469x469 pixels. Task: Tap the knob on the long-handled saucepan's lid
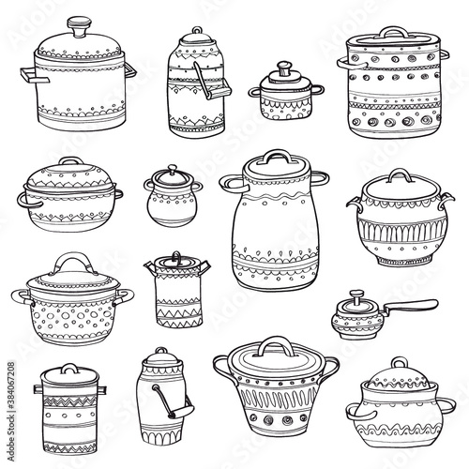click(356, 295)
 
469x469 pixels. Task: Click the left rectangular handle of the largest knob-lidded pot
click(34, 76)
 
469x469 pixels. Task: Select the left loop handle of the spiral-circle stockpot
click(350, 63)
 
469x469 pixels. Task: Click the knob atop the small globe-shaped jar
click(172, 170)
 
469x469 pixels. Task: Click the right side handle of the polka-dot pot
click(125, 296)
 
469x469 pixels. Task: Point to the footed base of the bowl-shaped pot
click(403, 260)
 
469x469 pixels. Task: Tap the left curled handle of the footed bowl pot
click(356, 204)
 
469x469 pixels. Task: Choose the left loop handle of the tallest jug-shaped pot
click(232, 183)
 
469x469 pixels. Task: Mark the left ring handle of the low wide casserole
click(28, 200)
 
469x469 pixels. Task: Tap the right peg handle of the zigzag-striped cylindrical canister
click(102, 390)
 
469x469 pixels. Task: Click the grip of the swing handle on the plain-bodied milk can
click(182, 411)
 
